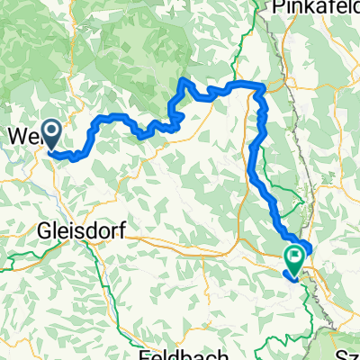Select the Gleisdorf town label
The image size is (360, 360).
pyautogui.click(x=80, y=230)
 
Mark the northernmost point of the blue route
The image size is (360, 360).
pyautogui.click(x=186, y=80)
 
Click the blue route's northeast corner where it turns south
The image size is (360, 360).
pyautogui.click(x=262, y=87)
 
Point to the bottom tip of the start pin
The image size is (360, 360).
pyautogui.click(x=53, y=149)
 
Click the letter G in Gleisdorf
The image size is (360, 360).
pyautogui.click(x=45, y=230)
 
